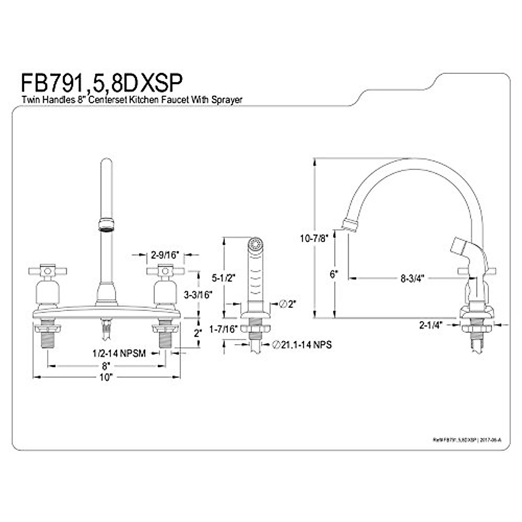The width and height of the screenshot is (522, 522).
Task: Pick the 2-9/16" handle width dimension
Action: (165, 255)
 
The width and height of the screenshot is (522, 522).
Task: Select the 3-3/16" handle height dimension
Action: (197, 294)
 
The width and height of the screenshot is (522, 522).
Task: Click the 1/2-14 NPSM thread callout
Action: (119, 353)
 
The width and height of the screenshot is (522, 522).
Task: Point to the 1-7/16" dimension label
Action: (225, 329)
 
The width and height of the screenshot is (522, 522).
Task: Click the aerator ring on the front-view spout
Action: (106, 224)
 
